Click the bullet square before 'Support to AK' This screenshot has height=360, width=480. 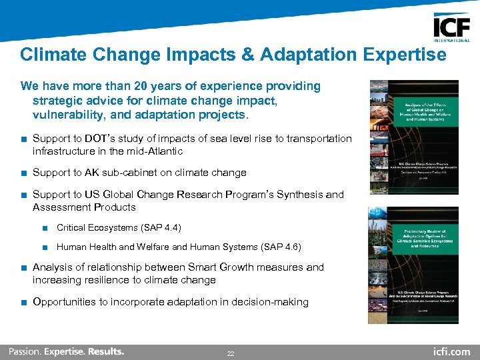pyautogui.click(x=23, y=173)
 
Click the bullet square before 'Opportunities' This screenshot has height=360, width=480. pyautogui.click(x=23, y=302)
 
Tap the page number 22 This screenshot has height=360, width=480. pyautogui.click(x=231, y=353)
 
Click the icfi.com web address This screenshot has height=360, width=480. pyautogui.click(x=451, y=351)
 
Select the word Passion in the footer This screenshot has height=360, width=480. pyautogui.click(x=24, y=351)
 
